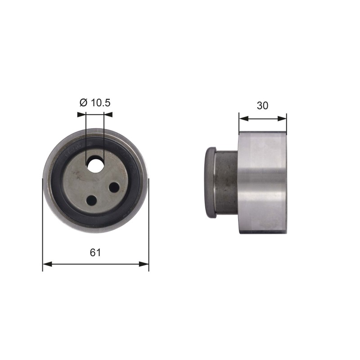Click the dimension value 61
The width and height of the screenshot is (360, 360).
coord(95,252)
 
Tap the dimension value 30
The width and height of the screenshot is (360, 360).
coord(262,105)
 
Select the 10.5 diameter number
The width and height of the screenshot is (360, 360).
coord(101,103)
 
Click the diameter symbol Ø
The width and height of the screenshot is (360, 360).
coord(83,103)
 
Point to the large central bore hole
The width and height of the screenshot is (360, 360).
coord(95,165)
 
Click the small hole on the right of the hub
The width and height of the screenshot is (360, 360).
coord(114,187)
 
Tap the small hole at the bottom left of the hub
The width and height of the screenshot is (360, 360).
coord(92,200)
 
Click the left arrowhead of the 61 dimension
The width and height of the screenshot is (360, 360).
coord(48,264)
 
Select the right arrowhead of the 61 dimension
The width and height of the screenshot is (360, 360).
coord(144,264)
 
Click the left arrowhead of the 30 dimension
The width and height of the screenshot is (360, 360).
coord(244,119)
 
